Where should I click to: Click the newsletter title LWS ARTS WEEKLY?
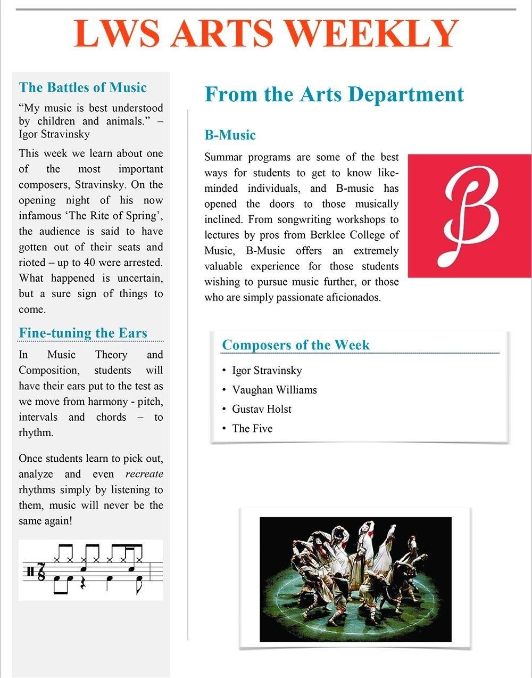coord(266,34)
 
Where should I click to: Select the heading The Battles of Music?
coord(82,87)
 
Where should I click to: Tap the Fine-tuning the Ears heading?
coord(83,333)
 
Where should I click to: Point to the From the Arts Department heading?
coord(334,94)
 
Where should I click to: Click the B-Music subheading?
coord(230,135)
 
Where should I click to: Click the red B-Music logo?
coord(470,216)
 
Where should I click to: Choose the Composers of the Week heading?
coord(295,345)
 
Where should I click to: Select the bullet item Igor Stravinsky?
coord(267,370)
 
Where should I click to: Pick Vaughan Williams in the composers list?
coord(274,390)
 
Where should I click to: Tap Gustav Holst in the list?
coord(262,409)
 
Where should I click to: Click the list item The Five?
coord(252,428)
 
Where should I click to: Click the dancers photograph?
coord(355,579)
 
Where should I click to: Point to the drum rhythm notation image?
coord(90,570)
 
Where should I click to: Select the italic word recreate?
coord(144,474)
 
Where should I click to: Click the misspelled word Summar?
coord(221,157)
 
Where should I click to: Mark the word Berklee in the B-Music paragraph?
coord(325,235)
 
